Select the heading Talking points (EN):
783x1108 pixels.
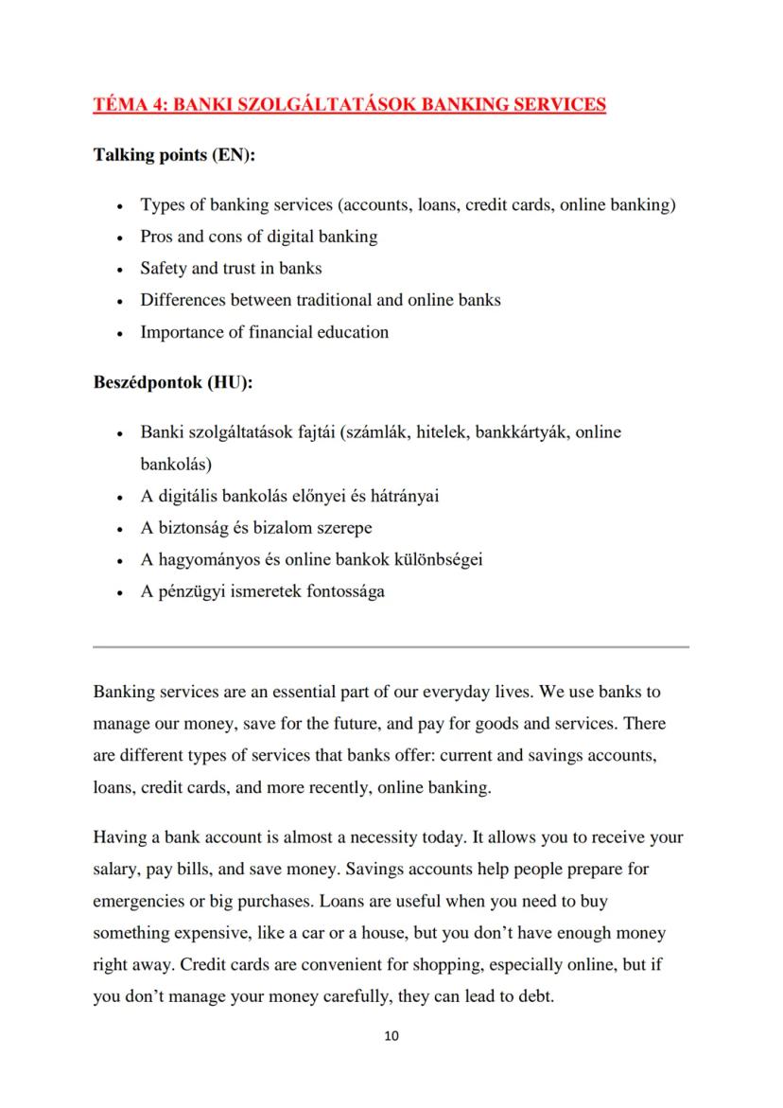(x=175, y=155)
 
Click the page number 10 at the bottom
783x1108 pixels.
(x=391, y=1036)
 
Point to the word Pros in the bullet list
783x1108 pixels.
(x=158, y=237)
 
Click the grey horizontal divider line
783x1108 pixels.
(x=391, y=647)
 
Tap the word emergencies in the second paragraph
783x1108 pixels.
(x=140, y=901)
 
